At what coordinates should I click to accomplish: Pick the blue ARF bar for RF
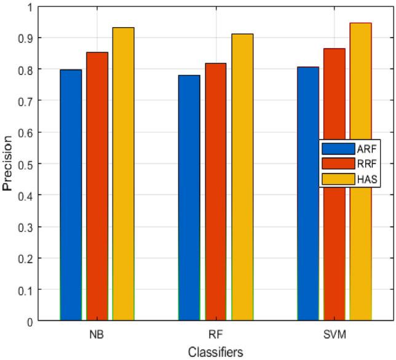[x=189, y=198]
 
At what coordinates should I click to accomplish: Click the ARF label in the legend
[x=365, y=149]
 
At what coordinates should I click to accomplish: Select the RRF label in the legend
[x=365, y=164]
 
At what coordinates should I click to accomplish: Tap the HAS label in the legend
[x=365, y=180]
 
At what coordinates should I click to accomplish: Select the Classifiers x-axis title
[x=215, y=352]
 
